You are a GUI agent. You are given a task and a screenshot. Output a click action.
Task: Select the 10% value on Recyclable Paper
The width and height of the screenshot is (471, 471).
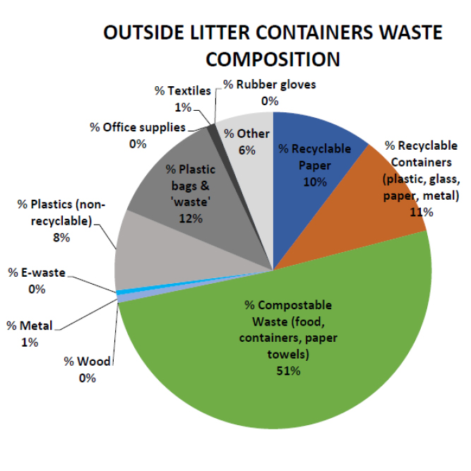[314, 181]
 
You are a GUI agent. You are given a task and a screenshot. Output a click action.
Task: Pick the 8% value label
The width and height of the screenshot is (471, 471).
[62, 238]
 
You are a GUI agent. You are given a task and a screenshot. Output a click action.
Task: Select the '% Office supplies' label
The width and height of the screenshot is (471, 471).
[138, 128]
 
